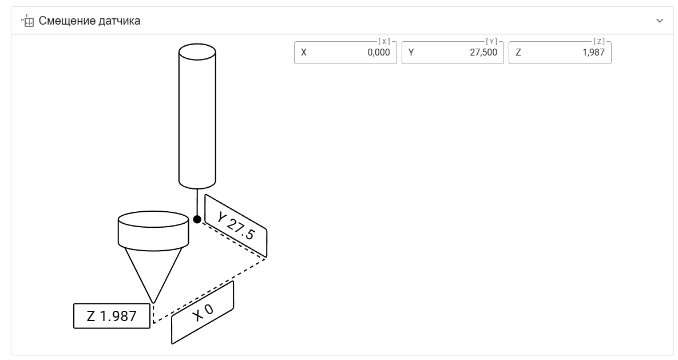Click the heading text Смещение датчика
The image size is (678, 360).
point(89,21)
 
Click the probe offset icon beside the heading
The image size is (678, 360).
point(27,21)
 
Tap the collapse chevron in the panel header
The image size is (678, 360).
point(660,21)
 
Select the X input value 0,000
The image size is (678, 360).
point(379,52)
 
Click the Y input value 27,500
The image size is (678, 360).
point(483,52)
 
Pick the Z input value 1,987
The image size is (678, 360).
point(593,52)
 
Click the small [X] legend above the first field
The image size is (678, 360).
point(384,42)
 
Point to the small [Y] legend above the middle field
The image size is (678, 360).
point(491,42)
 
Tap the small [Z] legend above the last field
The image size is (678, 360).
point(599,42)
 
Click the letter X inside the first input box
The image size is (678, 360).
point(304,52)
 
